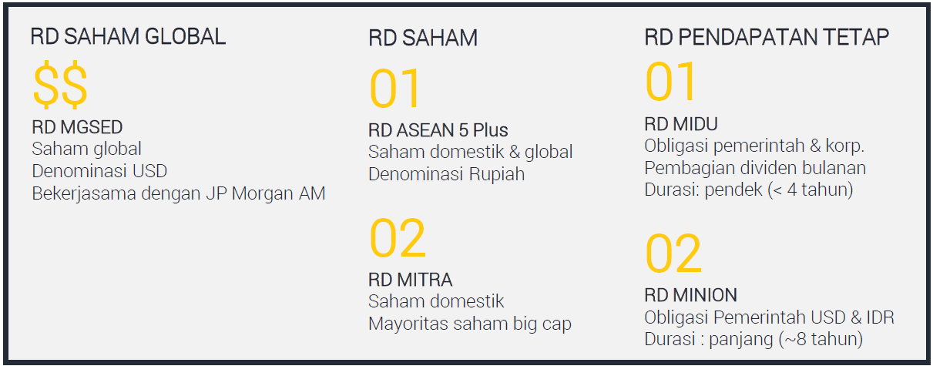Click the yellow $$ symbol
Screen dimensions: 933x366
(x=60, y=85)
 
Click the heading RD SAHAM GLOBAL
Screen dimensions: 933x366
(x=129, y=37)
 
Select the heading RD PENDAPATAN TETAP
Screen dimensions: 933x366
(x=767, y=37)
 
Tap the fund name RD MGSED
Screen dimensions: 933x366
(x=78, y=127)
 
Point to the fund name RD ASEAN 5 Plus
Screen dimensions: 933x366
(x=438, y=130)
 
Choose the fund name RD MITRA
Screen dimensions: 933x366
(x=411, y=280)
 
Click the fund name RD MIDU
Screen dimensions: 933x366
(x=681, y=124)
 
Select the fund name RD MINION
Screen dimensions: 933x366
(x=690, y=295)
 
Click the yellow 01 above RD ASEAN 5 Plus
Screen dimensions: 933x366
(x=395, y=89)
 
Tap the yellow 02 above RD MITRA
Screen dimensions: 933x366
(x=398, y=238)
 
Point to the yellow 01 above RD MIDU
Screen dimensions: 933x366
(x=670, y=81)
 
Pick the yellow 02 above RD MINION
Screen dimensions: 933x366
(x=673, y=254)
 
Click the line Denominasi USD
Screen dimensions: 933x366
(x=99, y=171)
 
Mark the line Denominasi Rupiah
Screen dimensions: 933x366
(x=447, y=174)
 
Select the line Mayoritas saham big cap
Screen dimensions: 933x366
(x=470, y=324)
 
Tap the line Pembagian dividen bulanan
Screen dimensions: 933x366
(x=755, y=168)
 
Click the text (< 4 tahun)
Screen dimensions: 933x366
(x=811, y=190)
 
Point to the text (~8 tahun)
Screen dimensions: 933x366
(x=821, y=339)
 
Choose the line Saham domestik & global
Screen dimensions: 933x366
(x=471, y=152)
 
